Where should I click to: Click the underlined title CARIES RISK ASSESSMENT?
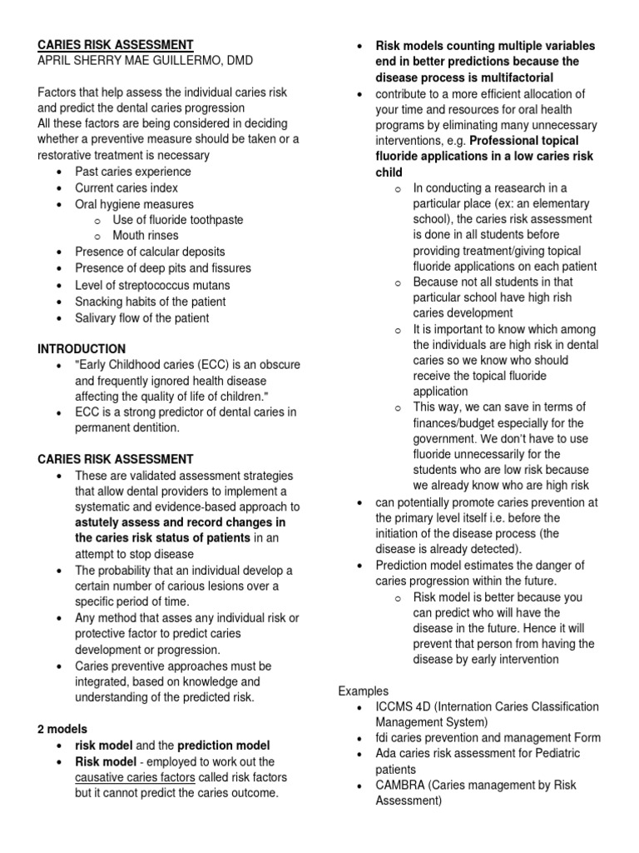[116, 44]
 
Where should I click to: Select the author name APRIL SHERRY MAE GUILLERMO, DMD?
[145, 61]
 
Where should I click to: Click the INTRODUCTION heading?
[82, 348]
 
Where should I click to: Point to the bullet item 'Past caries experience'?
[132, 172]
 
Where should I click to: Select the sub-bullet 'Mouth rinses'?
[145, 236]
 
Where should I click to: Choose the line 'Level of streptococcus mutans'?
[152, 285]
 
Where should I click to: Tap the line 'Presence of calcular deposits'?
[150, 252]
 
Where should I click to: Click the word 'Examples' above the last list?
[364, 691]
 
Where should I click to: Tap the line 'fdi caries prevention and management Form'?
[488, 738]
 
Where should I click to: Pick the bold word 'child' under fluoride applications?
[389, 172]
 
